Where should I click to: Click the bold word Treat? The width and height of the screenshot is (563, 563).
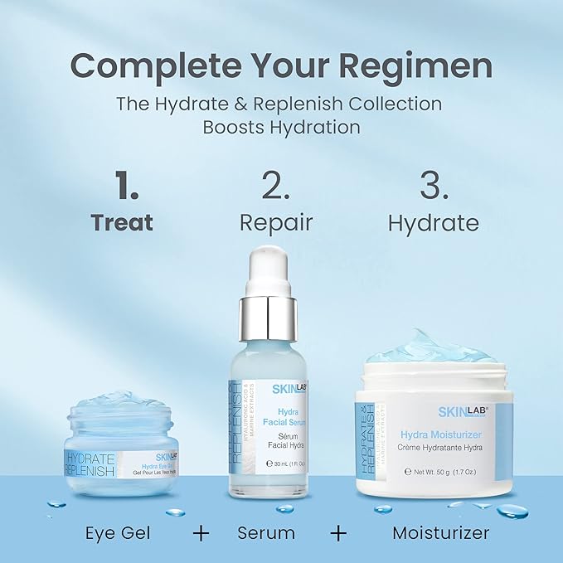[x=123, y=223]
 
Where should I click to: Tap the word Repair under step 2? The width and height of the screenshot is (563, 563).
[x=276, y=223]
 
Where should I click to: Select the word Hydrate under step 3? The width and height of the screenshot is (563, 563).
[x=434, y=223]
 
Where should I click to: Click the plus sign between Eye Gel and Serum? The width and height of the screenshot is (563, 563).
[x=201, y=532]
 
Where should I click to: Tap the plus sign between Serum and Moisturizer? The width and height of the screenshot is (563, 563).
[x=338, y=532]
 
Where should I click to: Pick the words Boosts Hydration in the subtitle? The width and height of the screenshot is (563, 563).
[x=281, y=128]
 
